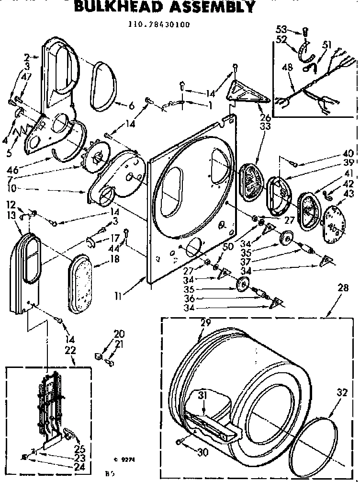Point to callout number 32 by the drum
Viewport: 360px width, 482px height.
341,391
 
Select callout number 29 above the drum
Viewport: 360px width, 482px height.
205,323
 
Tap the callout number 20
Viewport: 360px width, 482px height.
118,333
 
